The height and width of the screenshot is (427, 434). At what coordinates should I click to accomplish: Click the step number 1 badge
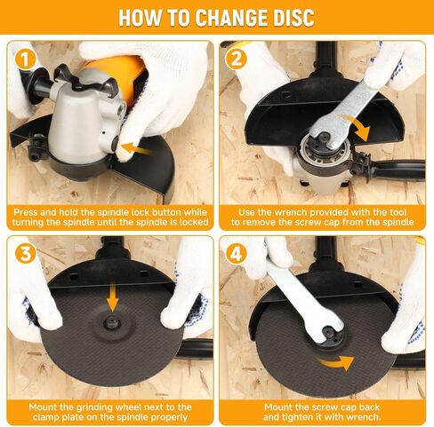pos(26,59)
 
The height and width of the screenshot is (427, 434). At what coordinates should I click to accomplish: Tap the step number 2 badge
pos(236,59)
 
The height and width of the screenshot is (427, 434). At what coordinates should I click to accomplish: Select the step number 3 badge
pos(26,253)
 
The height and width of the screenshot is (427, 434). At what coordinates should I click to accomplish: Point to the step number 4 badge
pos(236,253)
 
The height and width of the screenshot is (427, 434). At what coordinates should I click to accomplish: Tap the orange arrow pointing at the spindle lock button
pos(135,148)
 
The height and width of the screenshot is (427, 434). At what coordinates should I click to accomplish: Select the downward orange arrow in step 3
pos(113,297)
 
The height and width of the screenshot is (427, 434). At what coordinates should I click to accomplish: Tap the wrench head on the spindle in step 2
pos(324,137)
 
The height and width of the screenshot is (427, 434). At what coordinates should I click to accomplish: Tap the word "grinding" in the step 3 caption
pos(94,407)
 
